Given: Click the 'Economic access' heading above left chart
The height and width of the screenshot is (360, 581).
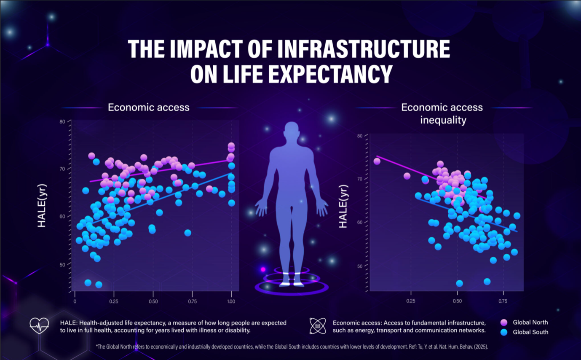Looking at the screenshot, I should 148,107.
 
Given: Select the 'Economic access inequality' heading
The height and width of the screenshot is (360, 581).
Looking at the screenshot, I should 442,113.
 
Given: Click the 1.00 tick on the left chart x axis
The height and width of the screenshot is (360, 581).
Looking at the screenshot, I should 231,301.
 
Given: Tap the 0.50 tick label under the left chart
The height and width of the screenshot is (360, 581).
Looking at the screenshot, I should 153,301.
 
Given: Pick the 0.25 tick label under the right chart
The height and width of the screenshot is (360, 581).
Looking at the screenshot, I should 411,301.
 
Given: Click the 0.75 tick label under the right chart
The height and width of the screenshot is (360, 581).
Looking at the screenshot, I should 503,301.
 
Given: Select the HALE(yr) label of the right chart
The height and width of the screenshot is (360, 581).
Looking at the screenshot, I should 343,206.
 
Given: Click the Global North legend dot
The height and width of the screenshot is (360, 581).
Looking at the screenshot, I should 503,322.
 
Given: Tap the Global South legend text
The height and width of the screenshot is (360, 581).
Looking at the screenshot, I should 530,332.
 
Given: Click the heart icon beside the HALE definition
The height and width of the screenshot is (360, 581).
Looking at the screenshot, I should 39,325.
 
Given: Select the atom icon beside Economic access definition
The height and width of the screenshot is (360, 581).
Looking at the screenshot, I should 317,326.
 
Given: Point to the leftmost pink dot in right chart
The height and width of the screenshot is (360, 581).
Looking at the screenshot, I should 377,161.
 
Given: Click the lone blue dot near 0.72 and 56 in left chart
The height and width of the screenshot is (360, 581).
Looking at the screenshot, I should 187,233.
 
